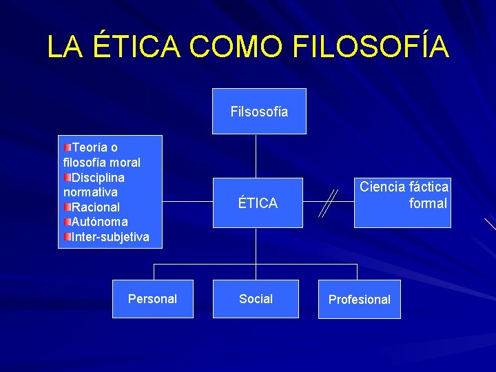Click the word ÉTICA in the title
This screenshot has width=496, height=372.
(x=138, y=46)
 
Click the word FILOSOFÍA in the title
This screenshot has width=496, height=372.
(x=371, y=46)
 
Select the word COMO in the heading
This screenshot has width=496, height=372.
(x=235, y=46)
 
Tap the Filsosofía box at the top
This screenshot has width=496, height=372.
(x=259, y=112)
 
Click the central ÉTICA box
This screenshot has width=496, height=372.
(x=258, y=203)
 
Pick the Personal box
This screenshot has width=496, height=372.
(x=152, y=299)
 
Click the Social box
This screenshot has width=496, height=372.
(x=256, y=299)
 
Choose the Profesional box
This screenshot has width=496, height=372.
(x=359, y=299)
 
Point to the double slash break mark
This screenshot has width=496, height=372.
(x=328, y=203)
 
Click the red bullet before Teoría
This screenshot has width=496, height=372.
(x=68, y=147)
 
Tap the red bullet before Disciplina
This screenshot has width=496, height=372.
(x=68, y=178)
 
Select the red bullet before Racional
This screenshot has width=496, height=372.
(x=68, y=207)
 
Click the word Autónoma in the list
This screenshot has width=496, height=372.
(x=100, y=222)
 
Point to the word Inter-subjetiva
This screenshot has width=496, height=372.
(x=110, y=237)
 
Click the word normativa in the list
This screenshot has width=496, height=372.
(x=90, y=192)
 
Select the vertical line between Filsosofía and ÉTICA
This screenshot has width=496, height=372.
(x=256, y=156)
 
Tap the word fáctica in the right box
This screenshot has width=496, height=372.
(x=428, y=187)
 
